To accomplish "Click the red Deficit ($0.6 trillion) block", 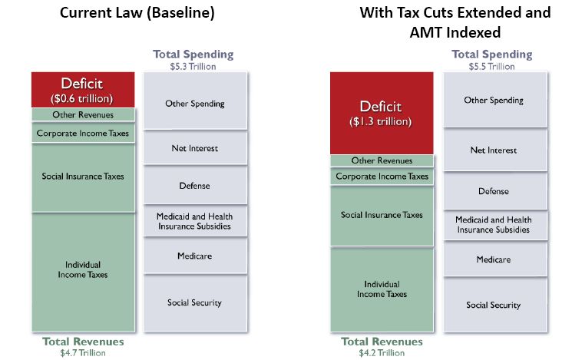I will pos(83,89).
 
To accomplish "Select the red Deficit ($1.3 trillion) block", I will pos(382,113).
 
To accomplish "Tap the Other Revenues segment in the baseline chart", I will pos(83,115).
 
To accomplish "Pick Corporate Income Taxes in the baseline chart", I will pos(83,133).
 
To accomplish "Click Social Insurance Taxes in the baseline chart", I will pos(83,177).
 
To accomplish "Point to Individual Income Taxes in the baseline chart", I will pos(83,269).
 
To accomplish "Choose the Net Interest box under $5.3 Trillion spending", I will pos(194,147).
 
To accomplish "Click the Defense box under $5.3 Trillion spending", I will pos(194,185).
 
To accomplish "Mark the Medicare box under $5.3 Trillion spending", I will pos(194,256).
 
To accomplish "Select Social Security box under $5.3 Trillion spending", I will pos(194,302).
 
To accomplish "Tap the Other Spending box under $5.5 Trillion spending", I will pos(494,100).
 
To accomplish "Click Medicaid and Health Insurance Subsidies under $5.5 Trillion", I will pos(494,225).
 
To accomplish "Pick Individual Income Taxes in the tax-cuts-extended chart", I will pos(382,289).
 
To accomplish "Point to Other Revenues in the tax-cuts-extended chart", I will pos(382,161).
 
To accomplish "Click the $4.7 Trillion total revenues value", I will pos(83,354).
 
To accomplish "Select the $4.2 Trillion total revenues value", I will pos(382,354).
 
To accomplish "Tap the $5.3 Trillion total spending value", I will pos(193,67).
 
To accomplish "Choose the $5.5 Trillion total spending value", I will pos(492,67).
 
